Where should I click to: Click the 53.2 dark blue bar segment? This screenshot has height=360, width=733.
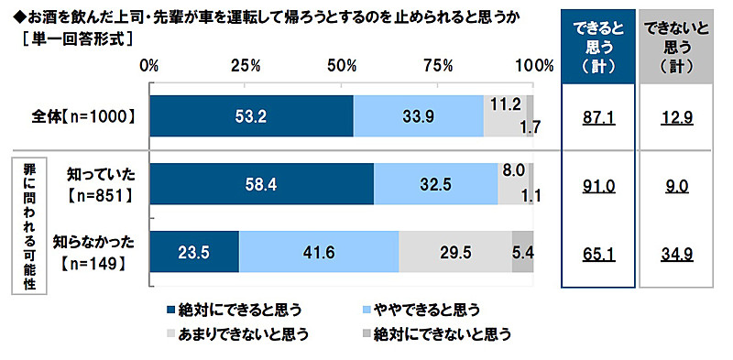click(x=250, y=116)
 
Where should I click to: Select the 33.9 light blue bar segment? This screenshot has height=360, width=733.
click(x=418, y=116)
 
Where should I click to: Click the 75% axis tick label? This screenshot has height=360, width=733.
click(x=438, y=66)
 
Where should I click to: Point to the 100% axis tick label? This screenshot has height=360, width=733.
click(x=534, y=66)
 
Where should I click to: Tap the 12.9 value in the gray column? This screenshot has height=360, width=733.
click(x=678, y=116)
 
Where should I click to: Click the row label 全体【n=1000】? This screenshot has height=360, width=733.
click(x=89, y=116)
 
